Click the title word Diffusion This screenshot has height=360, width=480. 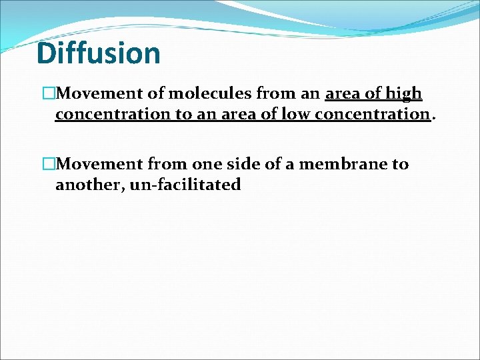99,53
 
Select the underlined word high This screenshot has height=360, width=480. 403,93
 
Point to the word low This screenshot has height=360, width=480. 296,114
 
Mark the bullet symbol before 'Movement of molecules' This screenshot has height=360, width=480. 49,94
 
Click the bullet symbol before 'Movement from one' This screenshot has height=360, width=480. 49,165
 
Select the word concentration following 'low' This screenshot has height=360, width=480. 372,114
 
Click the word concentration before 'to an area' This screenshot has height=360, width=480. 113,114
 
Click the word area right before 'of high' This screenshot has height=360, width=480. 343,93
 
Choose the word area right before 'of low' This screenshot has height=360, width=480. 237,114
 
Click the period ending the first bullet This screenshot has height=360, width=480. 435,118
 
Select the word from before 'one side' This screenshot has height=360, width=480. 169,164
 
